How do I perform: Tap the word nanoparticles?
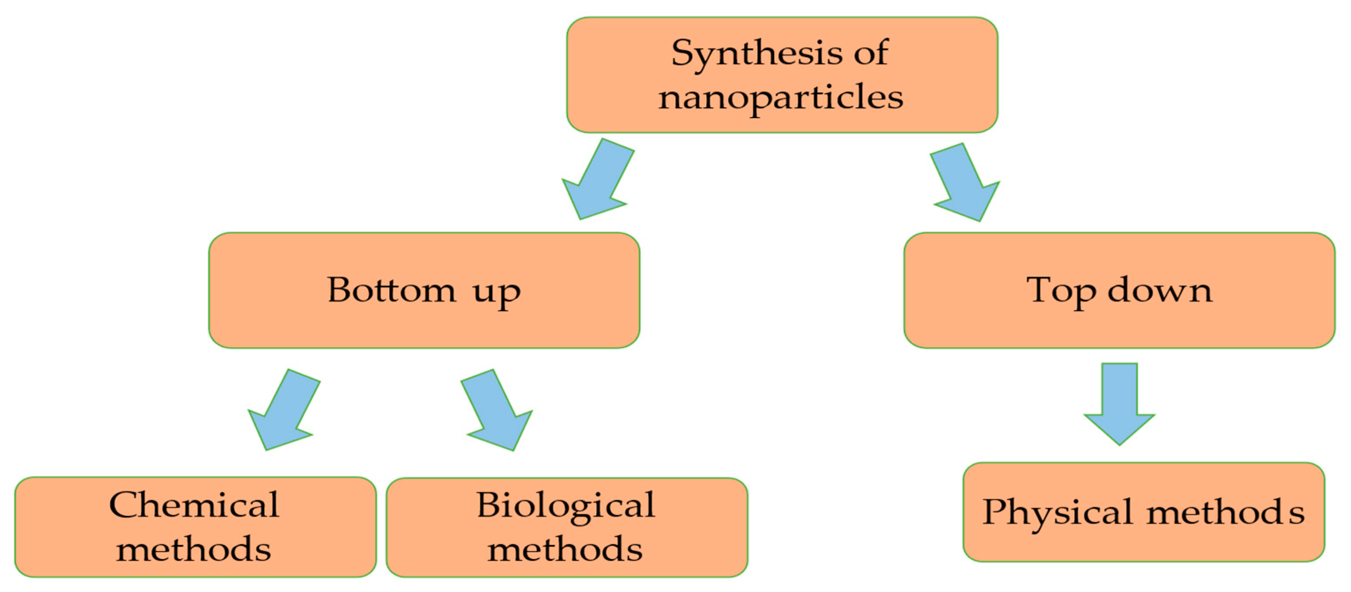coord(781,98)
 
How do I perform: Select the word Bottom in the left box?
coord(391,290)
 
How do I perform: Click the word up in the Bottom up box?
coord(496,292)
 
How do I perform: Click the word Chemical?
coord(194,505)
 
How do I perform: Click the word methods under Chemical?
coord(194,550)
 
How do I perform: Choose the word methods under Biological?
coord(565,550)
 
